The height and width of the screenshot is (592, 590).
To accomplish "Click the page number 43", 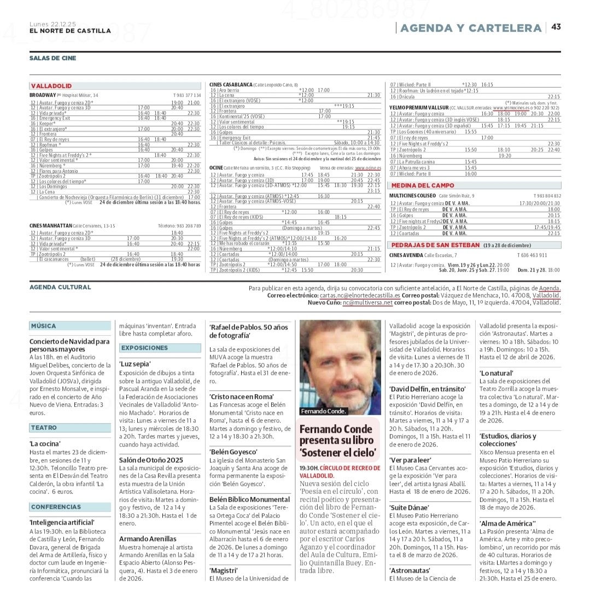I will click(x=556, y=27).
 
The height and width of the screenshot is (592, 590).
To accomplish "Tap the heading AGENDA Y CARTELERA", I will click(x=471, y=28).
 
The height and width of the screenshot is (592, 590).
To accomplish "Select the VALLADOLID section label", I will click(x=51, y=86).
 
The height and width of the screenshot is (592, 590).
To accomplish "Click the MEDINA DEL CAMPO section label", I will click(x=423, y=185).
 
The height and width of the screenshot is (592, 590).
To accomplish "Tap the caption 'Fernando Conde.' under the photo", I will click(x=323, y=411).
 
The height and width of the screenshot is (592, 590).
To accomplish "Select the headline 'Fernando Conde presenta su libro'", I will click(x=338, y=441).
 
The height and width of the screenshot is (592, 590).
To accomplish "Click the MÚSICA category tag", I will click(x=44, y=326).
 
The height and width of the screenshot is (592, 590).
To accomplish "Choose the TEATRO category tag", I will click(x=44, y=427).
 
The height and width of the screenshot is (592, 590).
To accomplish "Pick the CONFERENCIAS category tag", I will click(x=56, y=507).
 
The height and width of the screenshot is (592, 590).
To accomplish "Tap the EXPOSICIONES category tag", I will click(x=145, y=348).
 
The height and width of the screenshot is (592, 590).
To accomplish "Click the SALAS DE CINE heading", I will click(x=53, y=58).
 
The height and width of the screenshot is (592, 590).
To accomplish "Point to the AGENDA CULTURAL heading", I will click(x=60, y=287).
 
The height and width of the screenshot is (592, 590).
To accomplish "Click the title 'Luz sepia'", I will click(x=135, y=364).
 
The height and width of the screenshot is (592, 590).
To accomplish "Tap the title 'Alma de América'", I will click(x=507, y=523).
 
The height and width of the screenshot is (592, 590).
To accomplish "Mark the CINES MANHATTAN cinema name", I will click(x=51, y=225).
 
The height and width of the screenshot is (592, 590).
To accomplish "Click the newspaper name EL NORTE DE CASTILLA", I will click(x=70, y=31).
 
